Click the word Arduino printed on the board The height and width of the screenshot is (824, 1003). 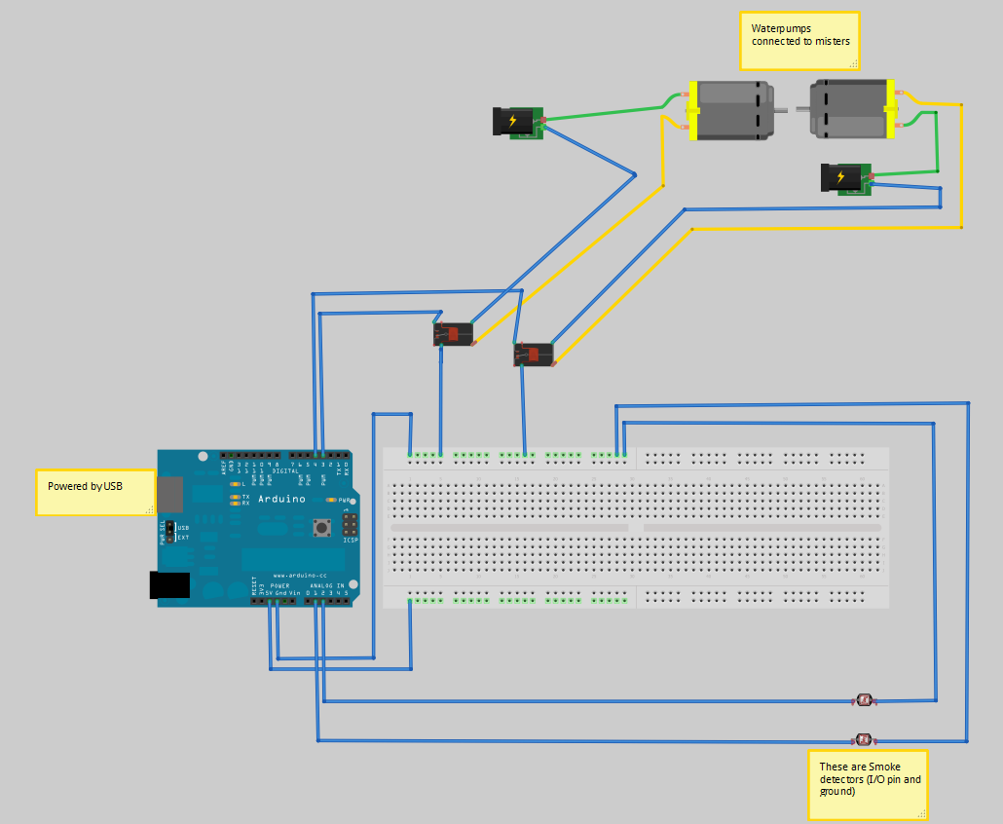click(281, 499)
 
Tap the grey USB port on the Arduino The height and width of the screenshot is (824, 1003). click(170, 494)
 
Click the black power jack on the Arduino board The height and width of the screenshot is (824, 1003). click(169, 584)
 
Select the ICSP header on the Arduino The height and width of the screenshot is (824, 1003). click(348, 525)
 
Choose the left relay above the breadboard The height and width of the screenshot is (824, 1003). click(453, 334)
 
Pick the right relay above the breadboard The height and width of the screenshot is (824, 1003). click(534, 355)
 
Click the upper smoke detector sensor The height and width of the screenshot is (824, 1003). click(864, 700)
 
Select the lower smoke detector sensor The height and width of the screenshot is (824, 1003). click(863, 739)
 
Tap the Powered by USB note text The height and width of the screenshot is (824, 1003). click(85, 485)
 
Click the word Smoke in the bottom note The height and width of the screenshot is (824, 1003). click(884, 767)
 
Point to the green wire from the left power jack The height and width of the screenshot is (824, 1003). click(604, 112)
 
